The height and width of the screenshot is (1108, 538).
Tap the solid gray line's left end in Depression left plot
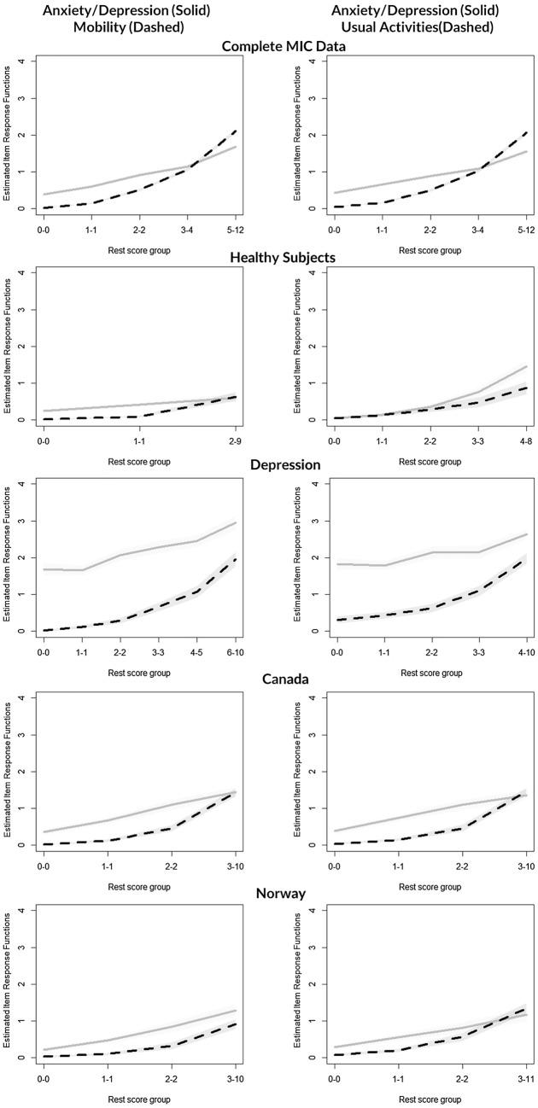pyautogui.click(x=44, y=569)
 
